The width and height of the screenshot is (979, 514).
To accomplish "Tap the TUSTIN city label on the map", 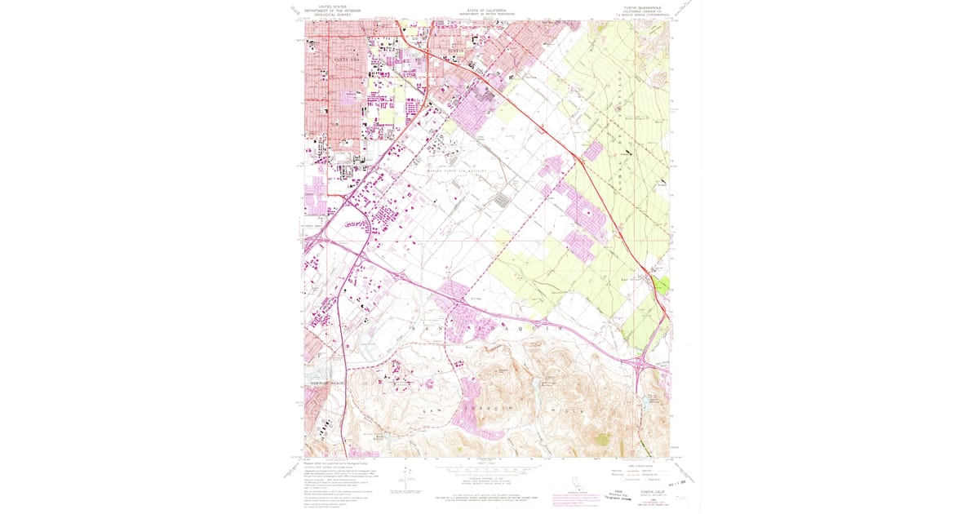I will point(455,52).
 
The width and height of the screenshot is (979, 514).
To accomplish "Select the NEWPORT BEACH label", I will point(326,383).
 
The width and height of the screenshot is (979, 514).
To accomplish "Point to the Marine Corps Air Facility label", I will point(457,171).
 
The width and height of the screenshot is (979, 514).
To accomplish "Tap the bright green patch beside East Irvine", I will point(662,286).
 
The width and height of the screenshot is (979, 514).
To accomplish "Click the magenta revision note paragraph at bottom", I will point(576,497).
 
